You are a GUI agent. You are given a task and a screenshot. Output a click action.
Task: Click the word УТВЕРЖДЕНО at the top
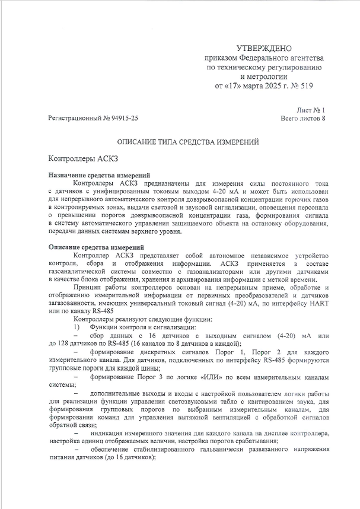(263, 48)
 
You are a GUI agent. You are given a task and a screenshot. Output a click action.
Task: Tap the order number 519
(304, 85)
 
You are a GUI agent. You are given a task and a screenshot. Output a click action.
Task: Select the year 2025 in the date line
(266, 85)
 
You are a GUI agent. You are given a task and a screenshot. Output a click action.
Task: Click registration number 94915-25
(121, 119)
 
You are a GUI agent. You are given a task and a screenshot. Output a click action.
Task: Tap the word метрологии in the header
(267, 77)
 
